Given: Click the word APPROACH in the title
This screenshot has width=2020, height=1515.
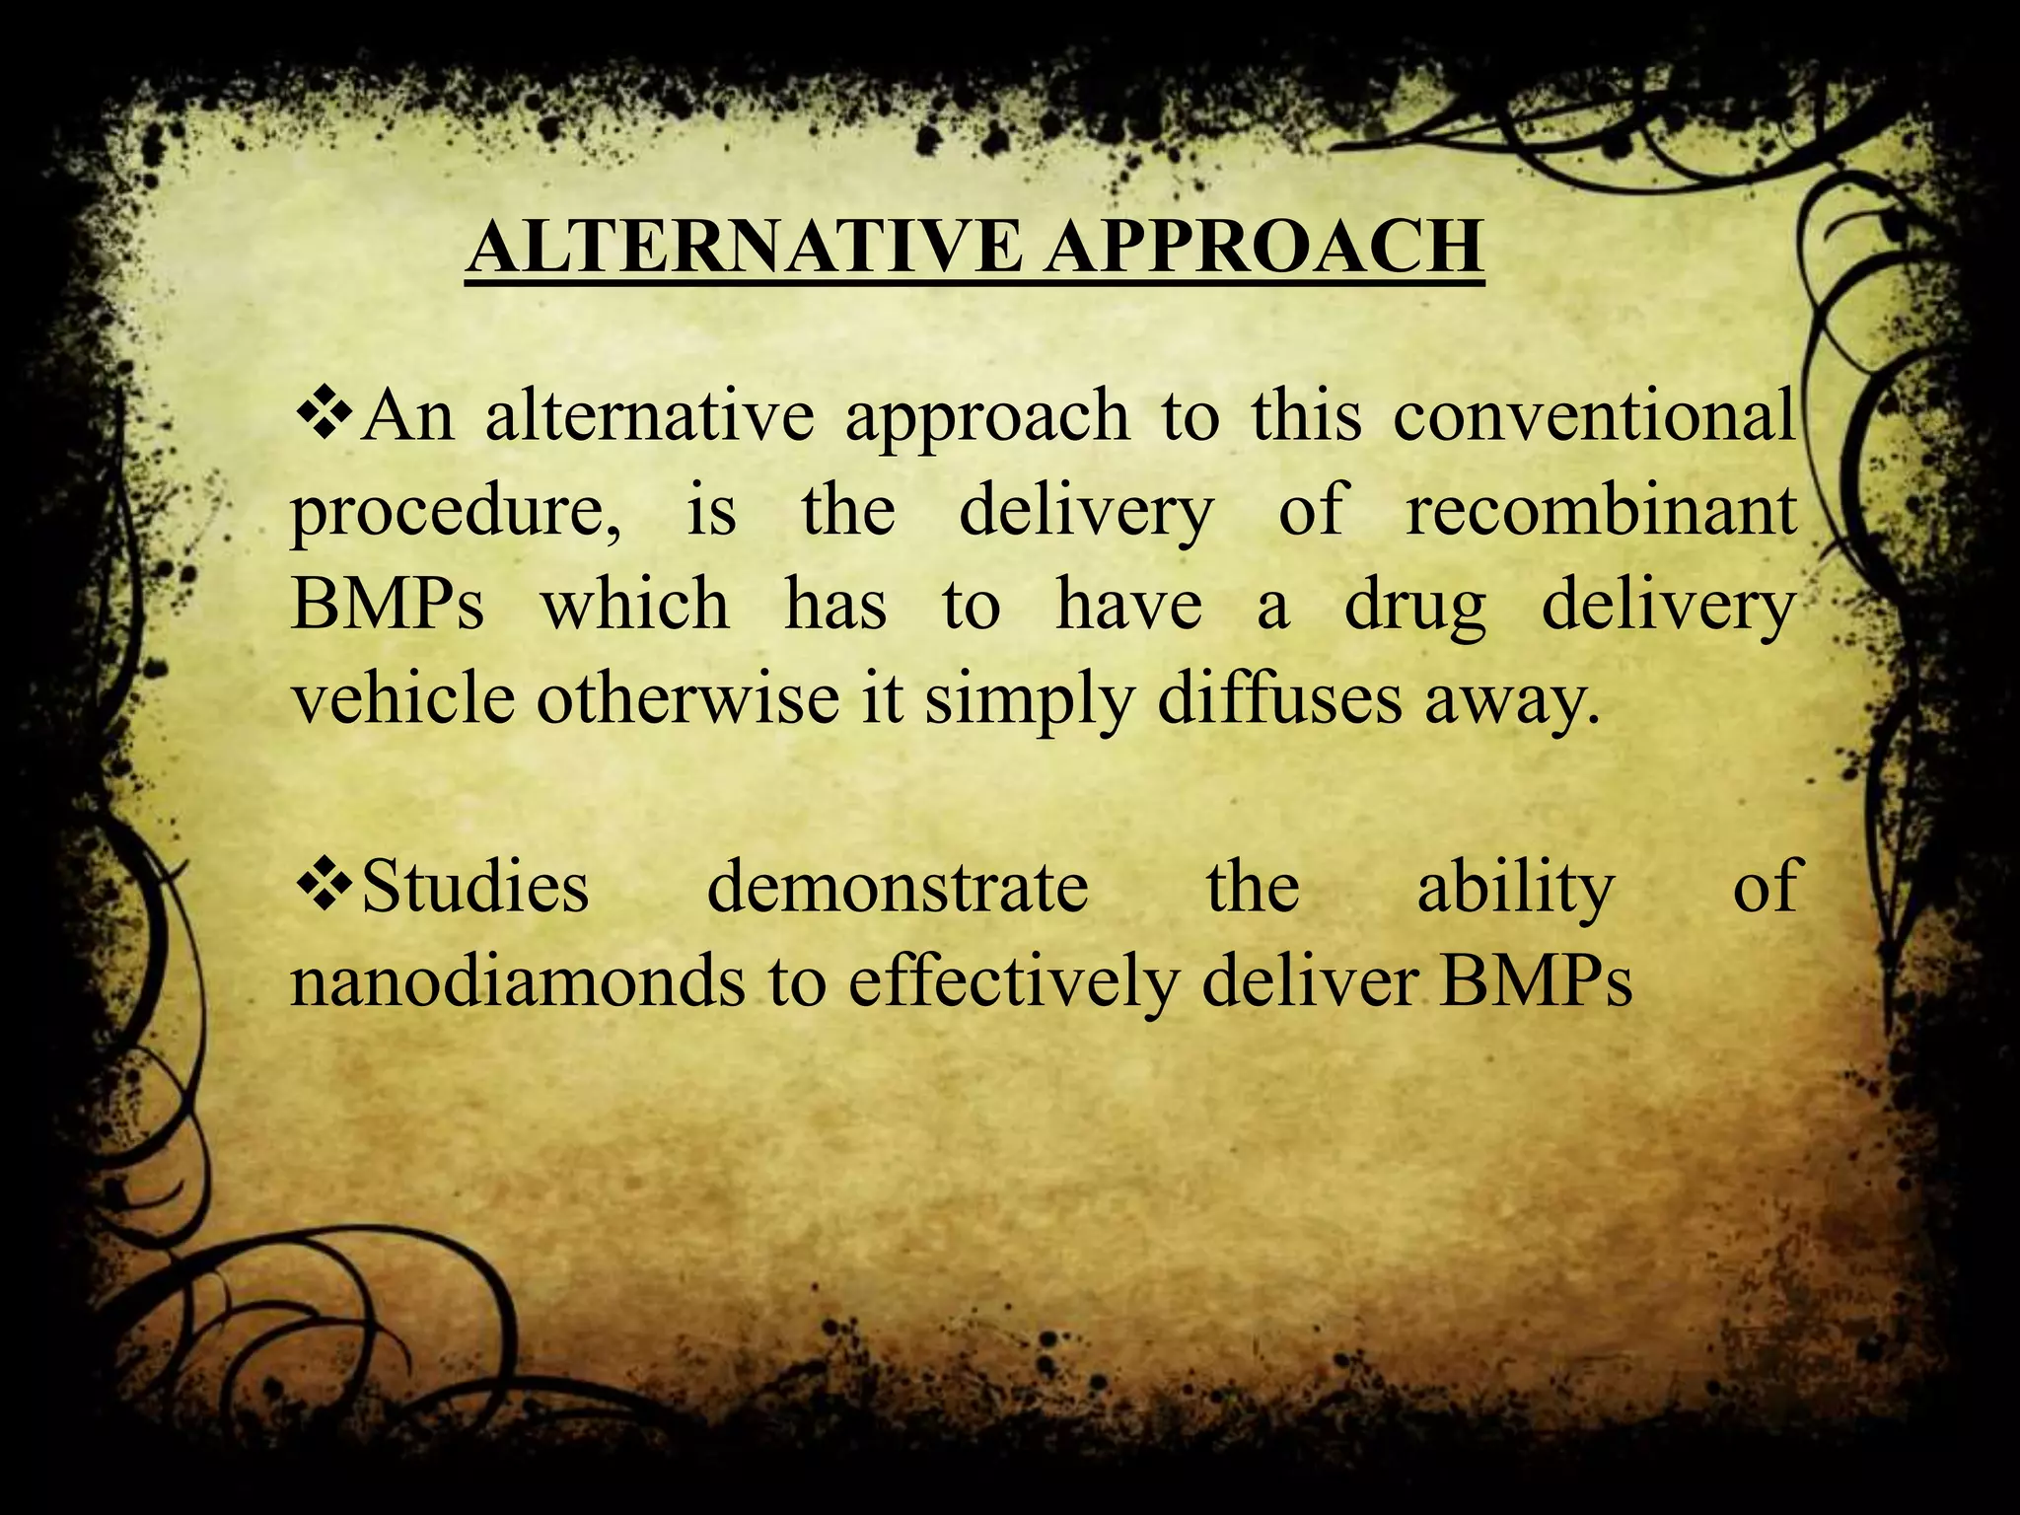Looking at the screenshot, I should tap(1263, 247).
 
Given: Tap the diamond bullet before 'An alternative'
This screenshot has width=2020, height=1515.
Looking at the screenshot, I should tap(324, 415).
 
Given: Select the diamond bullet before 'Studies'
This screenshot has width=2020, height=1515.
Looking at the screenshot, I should tap(324, 885).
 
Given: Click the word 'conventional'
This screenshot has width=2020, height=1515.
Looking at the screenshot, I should tap(1594, 415).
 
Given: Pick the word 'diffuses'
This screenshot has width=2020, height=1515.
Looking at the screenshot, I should tap(1278, 698).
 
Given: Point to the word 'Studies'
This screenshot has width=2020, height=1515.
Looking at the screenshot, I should tap(475, 885).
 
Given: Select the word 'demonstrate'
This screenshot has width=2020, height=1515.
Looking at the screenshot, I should tap(898, 885).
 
